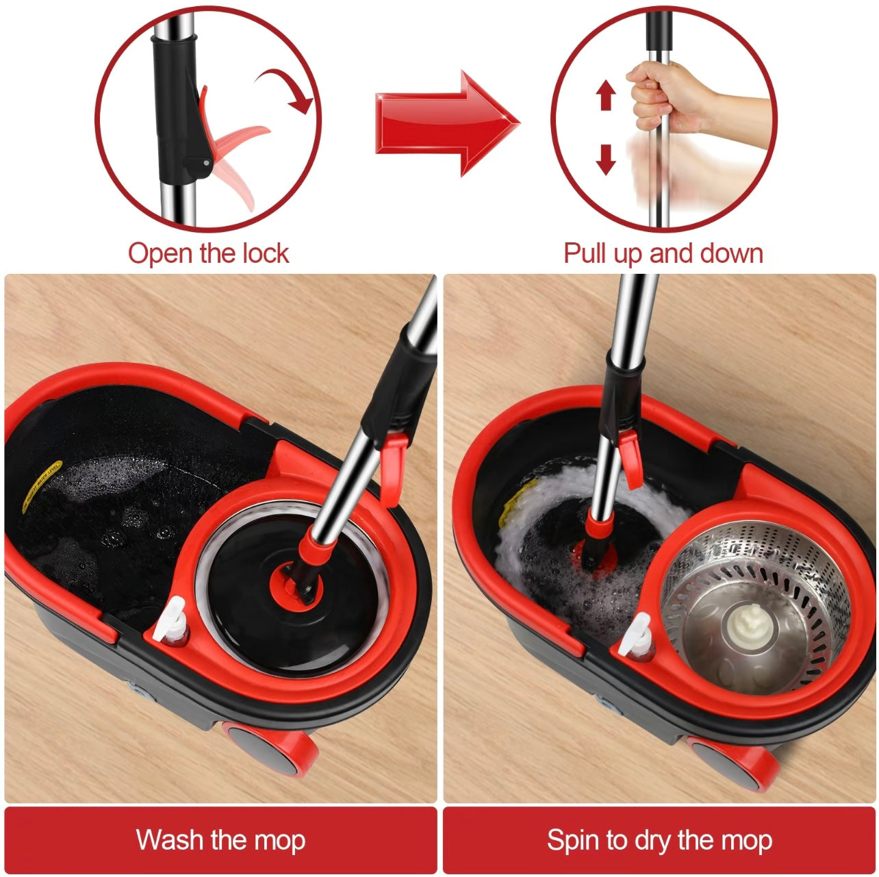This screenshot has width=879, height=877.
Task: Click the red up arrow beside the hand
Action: click(x=606, y=95)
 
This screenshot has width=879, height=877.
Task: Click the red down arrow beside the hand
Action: click(x=606, y=158)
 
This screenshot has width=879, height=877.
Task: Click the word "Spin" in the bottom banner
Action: click(x=574, y=840)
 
